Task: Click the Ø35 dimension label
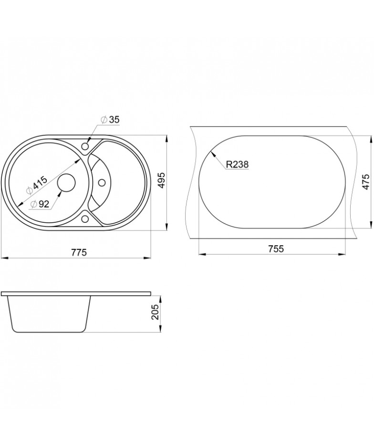click(x=110, y=120)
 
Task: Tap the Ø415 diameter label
click(x=37, y=186)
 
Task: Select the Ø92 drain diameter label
click(x=40, y=204)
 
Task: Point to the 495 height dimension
click(x=161, y=180)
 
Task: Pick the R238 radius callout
click(x=237, y=164)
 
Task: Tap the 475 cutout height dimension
click(x=366, y=182)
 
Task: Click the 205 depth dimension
click(x=156, y=312)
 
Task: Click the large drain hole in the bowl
click(x=66, y=182)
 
